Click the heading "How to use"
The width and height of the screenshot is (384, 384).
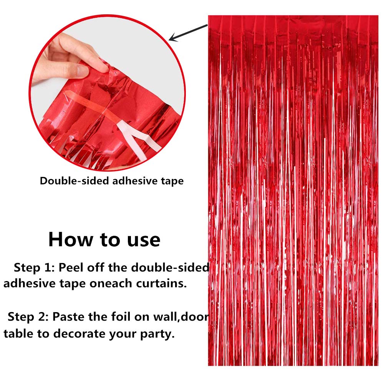click(x=104, y=240)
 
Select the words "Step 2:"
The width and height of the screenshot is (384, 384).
click(x=28, y=317)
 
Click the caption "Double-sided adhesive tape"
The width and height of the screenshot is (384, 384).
click(x=112, y=181)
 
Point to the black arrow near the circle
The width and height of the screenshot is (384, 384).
click(x=188, y=32)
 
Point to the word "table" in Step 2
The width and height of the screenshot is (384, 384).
click(x=18, y=333)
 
